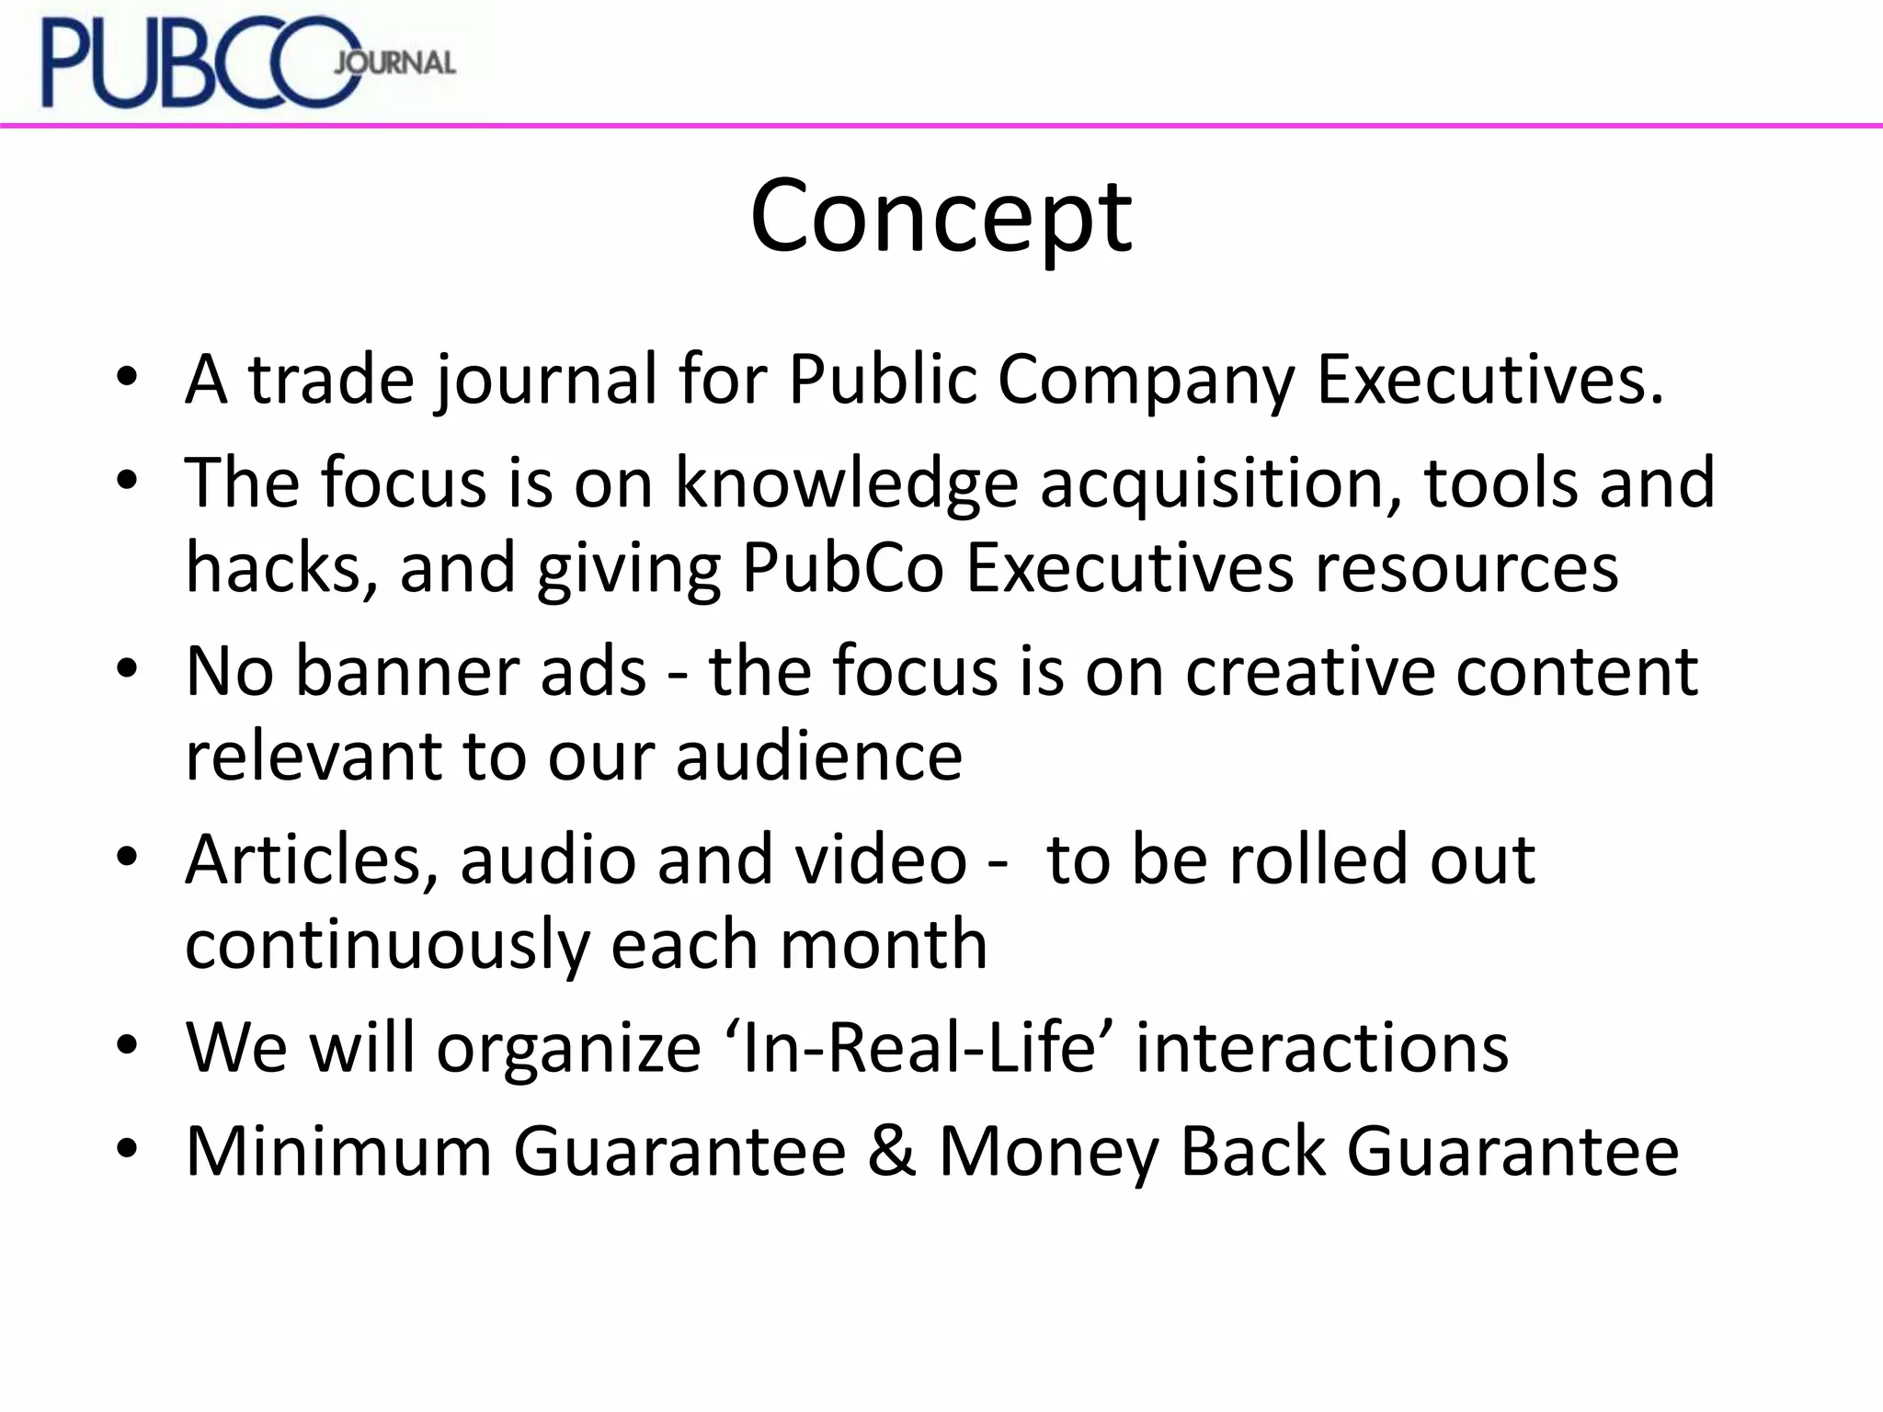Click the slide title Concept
click(x=941, y=217)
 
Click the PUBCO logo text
click(x=198, y=63)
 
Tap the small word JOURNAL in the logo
click(x=394, y=63)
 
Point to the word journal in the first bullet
click(x=546, y=380)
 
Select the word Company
click(x=1146, y=380)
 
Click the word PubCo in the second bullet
click(x=842, y=568)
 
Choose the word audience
click(x=819, y=757)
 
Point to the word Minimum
click(x=338, y=1151)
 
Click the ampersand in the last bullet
click(x=891, y=1151)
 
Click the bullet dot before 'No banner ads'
click(x=127, y=669)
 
